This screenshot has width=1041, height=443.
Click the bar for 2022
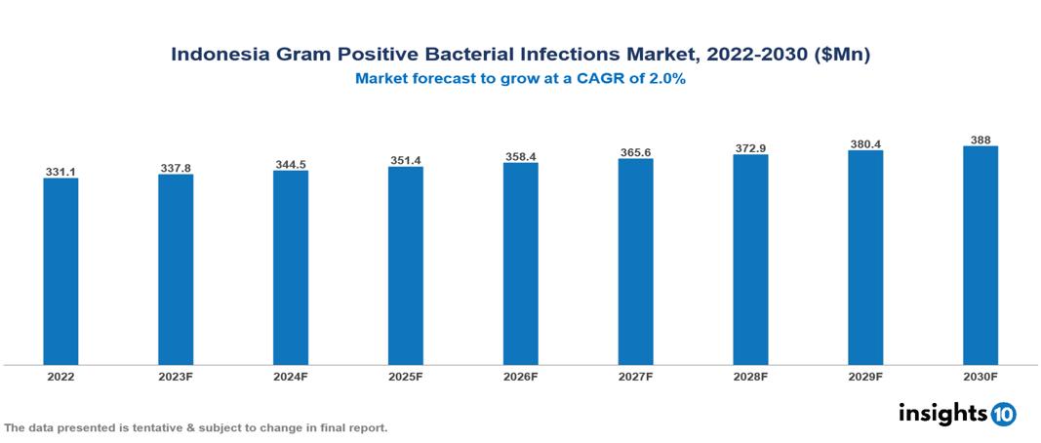click(x=60, y=270)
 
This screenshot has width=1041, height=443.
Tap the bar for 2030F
click(x=981, y=256)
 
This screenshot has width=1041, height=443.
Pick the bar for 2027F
click(x=635, y=262)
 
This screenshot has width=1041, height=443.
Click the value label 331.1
click(x=60, y=172)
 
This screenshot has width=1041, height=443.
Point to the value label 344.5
click(x=291, y=165)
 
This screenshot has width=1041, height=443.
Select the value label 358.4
click(x=521, y=156)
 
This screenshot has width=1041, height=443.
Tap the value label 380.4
click(x=865, y=144)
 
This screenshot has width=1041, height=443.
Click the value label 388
click(x=981, y=141)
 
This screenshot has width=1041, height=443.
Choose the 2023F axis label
click(x=176, y=376)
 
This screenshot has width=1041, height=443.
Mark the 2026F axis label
click(x=521, y=376)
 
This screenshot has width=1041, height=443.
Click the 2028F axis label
click(x=750, y=376)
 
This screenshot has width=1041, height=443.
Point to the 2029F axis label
click(x=865, y=376)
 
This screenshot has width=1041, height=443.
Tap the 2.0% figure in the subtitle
click(x=667, y=80)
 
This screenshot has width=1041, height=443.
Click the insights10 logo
click(x=957, y=414)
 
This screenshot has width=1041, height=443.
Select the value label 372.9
click(x=750, y=148)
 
